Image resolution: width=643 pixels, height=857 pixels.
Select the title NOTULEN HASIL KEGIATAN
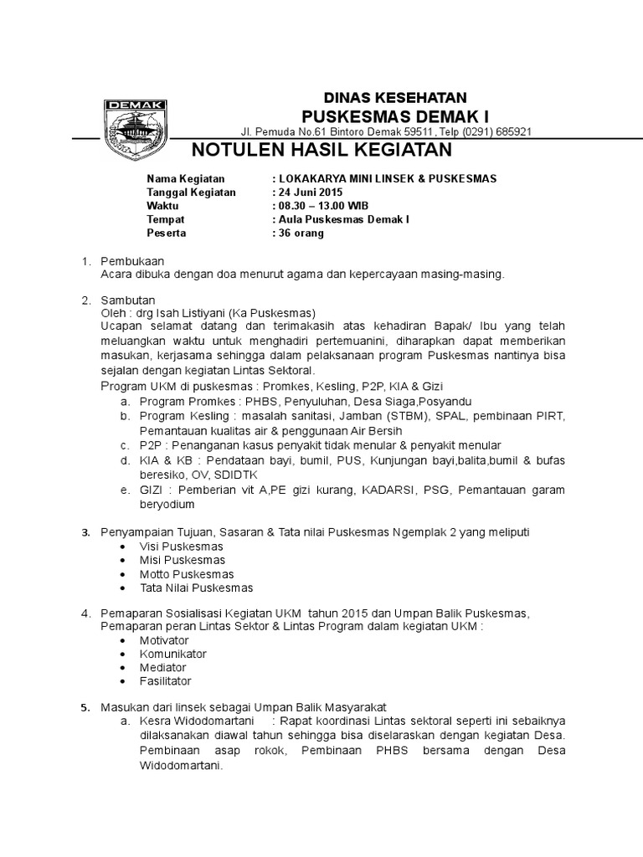322,151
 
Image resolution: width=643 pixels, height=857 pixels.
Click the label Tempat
164,220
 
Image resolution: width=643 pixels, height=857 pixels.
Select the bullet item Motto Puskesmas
187,574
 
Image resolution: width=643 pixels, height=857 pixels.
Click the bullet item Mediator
166,668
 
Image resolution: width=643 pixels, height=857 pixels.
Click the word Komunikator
173,654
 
